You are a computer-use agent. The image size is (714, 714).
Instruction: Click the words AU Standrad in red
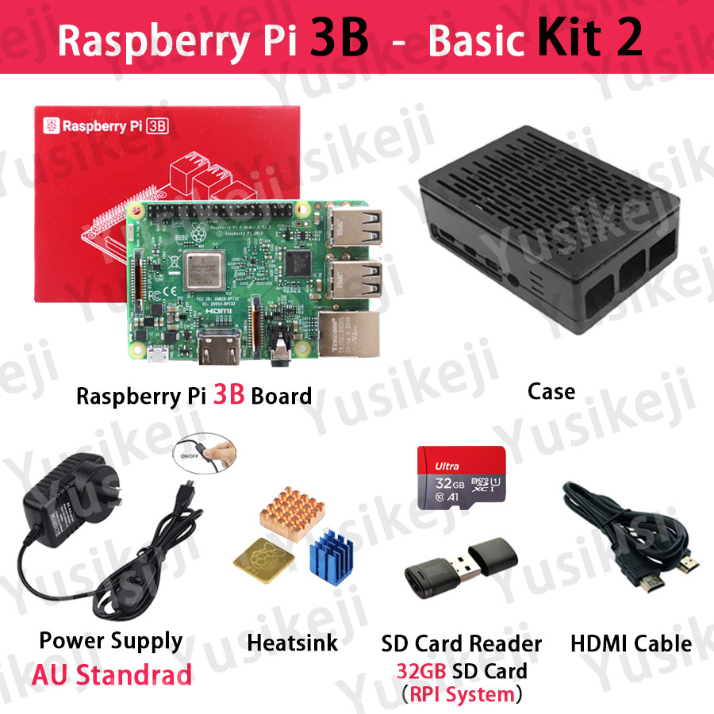coord(112,675)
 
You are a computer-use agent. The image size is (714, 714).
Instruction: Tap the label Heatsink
coord(292,642)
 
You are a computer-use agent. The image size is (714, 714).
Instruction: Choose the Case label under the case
coord(551,390)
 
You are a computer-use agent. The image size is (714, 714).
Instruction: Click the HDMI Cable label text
coord(631,643)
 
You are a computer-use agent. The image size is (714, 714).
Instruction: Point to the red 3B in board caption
coord(228,394)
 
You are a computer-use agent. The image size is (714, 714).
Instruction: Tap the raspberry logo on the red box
coord(52,125)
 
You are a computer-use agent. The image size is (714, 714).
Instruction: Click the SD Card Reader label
coord(461,643)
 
